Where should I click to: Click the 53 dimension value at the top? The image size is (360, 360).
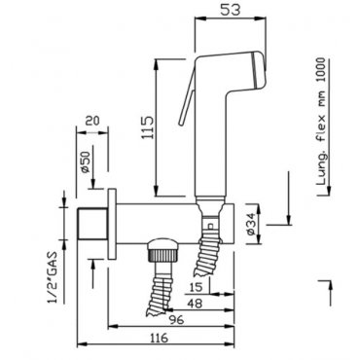[231, 10]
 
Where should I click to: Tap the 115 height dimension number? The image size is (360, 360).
[147, 127]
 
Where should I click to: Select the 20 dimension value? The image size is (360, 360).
[92, 121]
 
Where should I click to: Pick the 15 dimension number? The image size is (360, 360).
[195, 287]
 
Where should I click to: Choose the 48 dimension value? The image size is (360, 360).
[195, 304]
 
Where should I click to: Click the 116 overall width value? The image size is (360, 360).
[159, 338]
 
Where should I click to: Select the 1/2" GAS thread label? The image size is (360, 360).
[54, 277]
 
